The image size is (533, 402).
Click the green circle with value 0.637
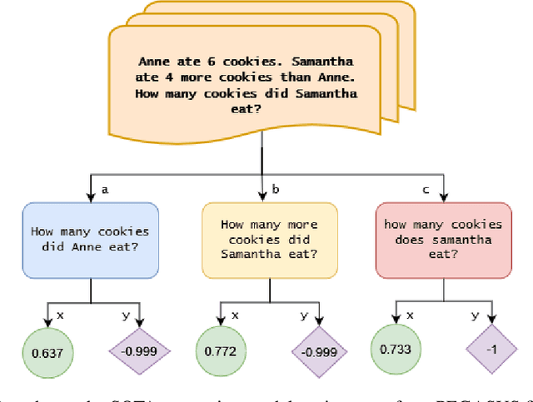click(47, 352)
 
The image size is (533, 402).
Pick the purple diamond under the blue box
click(140, 352)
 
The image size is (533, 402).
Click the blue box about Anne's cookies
click(90, 240)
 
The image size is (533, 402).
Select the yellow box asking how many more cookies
click(269, 240)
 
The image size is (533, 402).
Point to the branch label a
click(105, 190)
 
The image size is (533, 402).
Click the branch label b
click(276, 190)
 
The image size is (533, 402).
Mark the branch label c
click(426, 190)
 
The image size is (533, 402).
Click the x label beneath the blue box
click(59, 315)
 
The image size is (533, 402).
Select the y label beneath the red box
click(476, 315)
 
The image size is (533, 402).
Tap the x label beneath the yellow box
click(235, 315)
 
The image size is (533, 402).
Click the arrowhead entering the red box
click(443, 197)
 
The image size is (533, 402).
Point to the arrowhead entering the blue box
click(90, 197)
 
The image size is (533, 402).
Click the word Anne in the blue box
click(68, 247)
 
